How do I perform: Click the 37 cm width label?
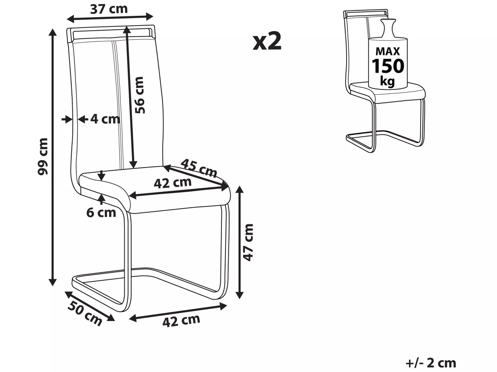click(109, 9)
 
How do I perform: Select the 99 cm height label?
click(42, 156)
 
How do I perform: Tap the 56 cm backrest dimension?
click(139, 95)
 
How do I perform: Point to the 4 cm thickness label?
click(105, 119)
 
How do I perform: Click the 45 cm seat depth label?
click(199, 168)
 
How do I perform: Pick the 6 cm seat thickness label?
click(101, 213)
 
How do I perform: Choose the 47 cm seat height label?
click(248, 242)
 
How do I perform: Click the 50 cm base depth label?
click(85, 313)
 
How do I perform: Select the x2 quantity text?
click(267, 42)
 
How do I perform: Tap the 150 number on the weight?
click(388, 66)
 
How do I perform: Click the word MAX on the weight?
click(388, 51)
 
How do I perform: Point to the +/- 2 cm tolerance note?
click(431, 363)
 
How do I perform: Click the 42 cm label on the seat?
click(173, 183)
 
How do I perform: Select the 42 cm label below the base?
click(181, 321)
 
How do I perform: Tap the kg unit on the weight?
click(387, 81)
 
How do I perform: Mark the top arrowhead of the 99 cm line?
click(53, 32)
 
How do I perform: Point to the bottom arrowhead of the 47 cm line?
click(240, 295)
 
